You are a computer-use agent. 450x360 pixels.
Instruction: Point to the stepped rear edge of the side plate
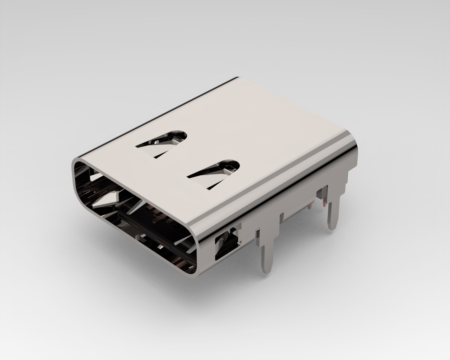coord(347,177)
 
